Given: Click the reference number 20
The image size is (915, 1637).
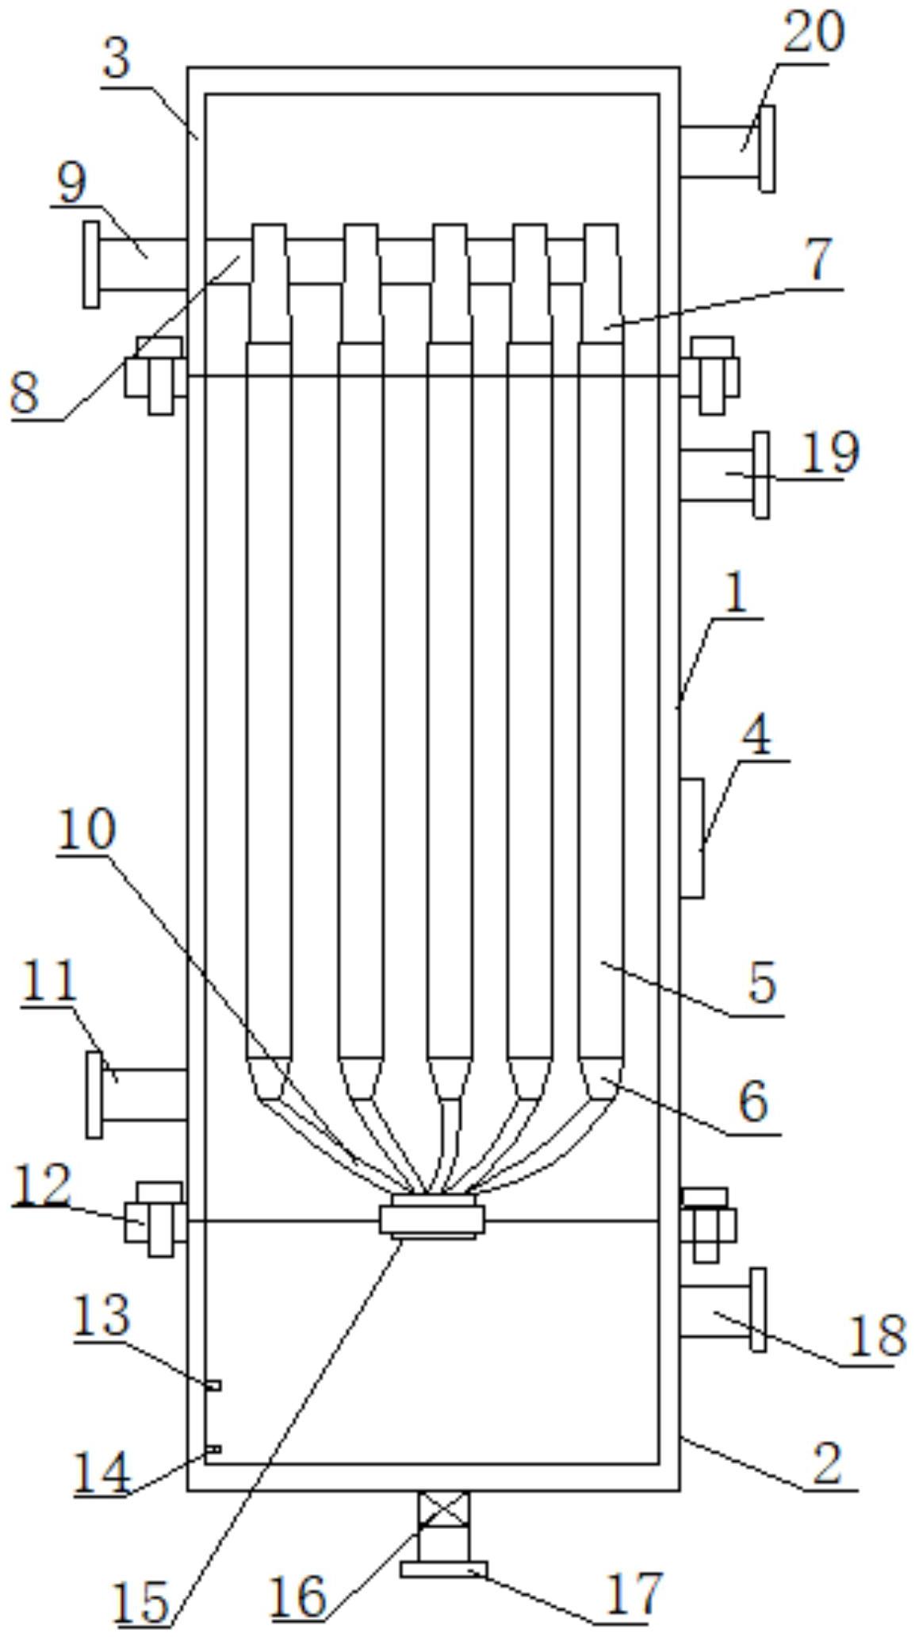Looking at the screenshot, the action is (814, 33).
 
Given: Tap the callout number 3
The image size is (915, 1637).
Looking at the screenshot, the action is (117, 59).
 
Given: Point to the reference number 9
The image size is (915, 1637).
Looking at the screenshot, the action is (71, 183).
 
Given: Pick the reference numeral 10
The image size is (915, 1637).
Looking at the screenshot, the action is (86, 830).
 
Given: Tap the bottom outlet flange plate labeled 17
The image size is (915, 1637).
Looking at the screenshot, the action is (443, 1569).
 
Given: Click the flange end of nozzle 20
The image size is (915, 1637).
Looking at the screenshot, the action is (767, 149).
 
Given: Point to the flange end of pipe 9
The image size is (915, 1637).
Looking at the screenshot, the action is (92, 264).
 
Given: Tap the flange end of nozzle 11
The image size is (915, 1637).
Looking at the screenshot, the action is (94, 1095).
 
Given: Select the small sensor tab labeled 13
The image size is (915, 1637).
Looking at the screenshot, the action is (212, 1385).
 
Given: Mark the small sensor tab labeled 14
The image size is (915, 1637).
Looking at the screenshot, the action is (212, 1449).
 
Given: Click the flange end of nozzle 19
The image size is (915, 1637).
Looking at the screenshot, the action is (761, 475).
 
